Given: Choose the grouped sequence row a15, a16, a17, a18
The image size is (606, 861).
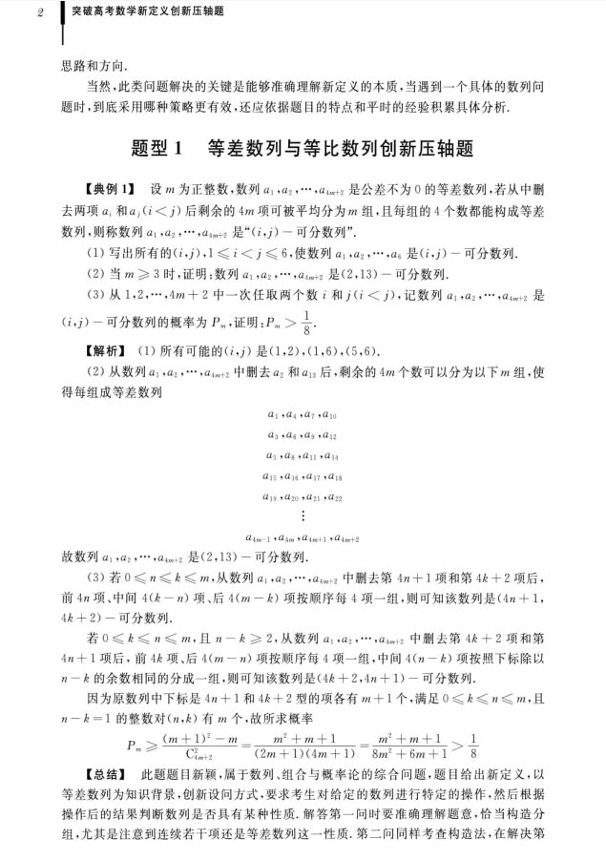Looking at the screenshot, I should (x=303, y=475).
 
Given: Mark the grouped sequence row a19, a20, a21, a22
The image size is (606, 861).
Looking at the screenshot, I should (x=303, y=495).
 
